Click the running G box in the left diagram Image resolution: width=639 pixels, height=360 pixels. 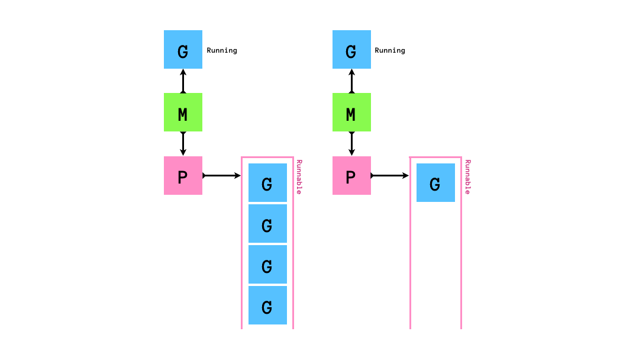[x=183, y=50]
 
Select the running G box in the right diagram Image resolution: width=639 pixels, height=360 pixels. [x=351, y=50]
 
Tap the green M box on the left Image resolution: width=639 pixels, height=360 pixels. [x=183, y=112]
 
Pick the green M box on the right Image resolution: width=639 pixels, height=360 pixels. [x=351, y=112]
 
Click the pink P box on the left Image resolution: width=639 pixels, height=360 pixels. [x=183, y=175]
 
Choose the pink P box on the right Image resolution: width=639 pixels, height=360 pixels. [x=351, y=175]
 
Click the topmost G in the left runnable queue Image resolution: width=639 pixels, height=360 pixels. [x=267, y=183]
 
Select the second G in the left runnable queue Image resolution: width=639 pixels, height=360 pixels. [x=267, y=224]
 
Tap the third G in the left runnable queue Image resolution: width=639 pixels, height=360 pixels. [x=267, y=265]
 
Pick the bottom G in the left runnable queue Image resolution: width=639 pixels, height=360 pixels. [x=267, y=306]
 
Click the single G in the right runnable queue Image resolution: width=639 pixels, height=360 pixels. [x=435, y=183]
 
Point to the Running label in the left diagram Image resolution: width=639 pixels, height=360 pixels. [x=222, y=50]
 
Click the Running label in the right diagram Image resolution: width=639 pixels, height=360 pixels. [x=390, y=50]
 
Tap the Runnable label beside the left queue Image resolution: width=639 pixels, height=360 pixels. [x=299, y=176]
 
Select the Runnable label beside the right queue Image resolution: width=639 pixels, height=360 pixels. [x=467, y=176]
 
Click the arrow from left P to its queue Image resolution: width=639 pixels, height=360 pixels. [x=222, y=176]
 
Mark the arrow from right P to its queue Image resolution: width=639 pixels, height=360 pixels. [x=390, y=176]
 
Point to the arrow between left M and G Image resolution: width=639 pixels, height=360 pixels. [x=183, y=81]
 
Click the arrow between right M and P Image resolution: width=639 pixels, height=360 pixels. [x=351, y=144]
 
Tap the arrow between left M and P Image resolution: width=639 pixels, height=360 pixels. [x=183, y=144]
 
